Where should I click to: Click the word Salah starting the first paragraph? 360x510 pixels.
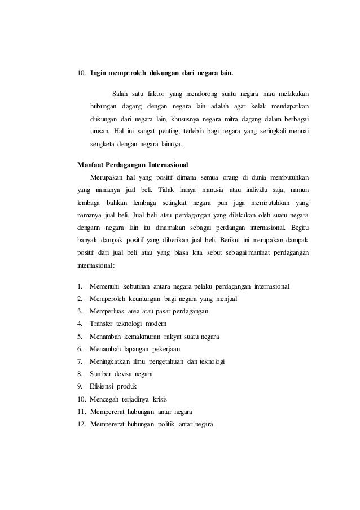(x=120, y=93)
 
